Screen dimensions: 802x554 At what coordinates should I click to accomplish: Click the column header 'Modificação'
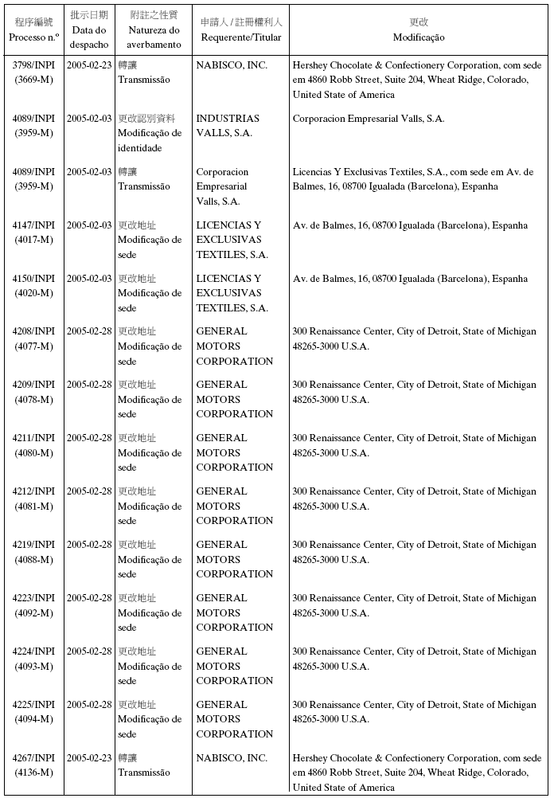[419, 37]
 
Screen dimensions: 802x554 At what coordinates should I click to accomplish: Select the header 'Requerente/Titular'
[241, 37]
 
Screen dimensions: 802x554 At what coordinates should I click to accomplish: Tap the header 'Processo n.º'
[34, 37]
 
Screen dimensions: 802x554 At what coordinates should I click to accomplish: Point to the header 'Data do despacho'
[88, 37]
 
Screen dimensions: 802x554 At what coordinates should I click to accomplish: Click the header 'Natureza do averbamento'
[154, 37]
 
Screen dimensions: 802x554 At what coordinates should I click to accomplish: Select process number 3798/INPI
[34, 65]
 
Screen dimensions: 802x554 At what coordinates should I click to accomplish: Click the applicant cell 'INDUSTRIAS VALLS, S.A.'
[228, 126]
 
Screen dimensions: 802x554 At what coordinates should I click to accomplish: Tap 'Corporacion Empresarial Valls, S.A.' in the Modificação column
[369, 119]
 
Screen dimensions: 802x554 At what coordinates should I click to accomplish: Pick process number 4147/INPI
[34, 225]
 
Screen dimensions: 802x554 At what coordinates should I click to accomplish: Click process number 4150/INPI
[34, 279]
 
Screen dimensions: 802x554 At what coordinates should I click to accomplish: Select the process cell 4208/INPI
[34, 331]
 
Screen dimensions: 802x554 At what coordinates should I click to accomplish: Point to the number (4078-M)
[34, 399]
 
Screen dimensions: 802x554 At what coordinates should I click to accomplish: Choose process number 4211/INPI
[34, 438]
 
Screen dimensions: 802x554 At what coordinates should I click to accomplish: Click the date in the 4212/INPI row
[88, 491]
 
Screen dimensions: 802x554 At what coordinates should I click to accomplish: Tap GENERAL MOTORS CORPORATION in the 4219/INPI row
[234, 559]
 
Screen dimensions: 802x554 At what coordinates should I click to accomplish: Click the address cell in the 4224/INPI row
[414, 659]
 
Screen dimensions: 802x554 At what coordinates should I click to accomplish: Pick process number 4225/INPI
[34, 705]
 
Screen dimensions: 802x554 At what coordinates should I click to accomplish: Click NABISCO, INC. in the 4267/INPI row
[232, 758]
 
